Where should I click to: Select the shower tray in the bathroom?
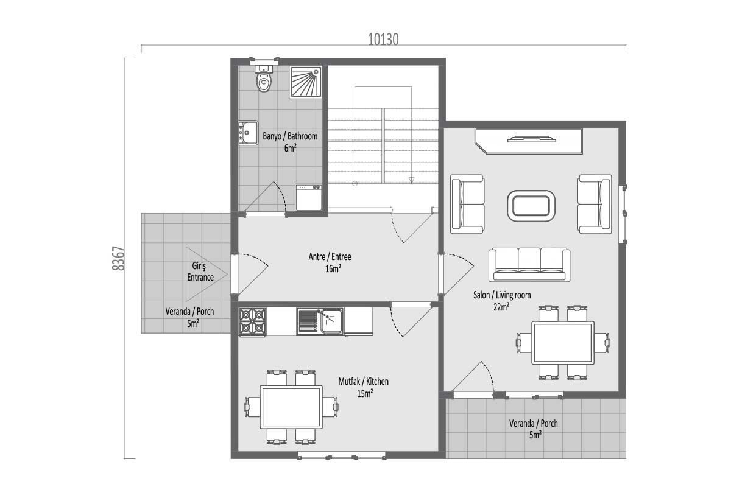click(306, 82)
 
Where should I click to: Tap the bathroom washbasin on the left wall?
click(249, 133)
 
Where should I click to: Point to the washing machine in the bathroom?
click(309, 198)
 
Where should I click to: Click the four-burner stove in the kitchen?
click(252, 321)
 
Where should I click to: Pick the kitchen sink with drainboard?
click(320, 321)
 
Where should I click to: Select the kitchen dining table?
click(291, 407)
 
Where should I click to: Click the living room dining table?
click(563, 343)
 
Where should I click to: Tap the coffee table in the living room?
click(531, 206)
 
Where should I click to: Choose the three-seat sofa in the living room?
click(529, 265)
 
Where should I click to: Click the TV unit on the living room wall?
click(529, 141)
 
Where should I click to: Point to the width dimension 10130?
click(383, 40)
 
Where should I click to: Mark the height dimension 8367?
click(118, 258)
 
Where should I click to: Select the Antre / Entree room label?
click(330, 257)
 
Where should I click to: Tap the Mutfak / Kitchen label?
click(363, 381)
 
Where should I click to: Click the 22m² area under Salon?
click(501, 307)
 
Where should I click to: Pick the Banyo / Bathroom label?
click(290, 136)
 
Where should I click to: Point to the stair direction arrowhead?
click(412, 180)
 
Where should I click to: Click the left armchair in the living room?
click(467, 204)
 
